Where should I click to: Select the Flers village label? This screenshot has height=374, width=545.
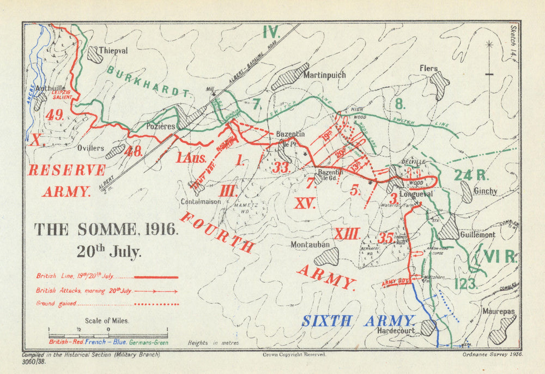(428, 69)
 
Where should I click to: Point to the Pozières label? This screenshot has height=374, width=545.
(161, 126)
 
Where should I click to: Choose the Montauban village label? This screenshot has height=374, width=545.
(310, 245)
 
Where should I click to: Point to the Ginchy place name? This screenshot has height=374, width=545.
(486, 191)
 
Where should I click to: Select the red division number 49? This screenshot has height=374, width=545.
(56, 115)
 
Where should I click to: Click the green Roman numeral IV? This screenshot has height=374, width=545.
(271, 32)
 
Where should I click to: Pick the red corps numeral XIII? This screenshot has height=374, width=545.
(347, 234)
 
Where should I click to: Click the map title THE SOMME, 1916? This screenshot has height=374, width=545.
(106, 230)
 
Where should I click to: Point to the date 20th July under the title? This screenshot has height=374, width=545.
(108, 252)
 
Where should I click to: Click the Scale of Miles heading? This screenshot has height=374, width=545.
(107, 321)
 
